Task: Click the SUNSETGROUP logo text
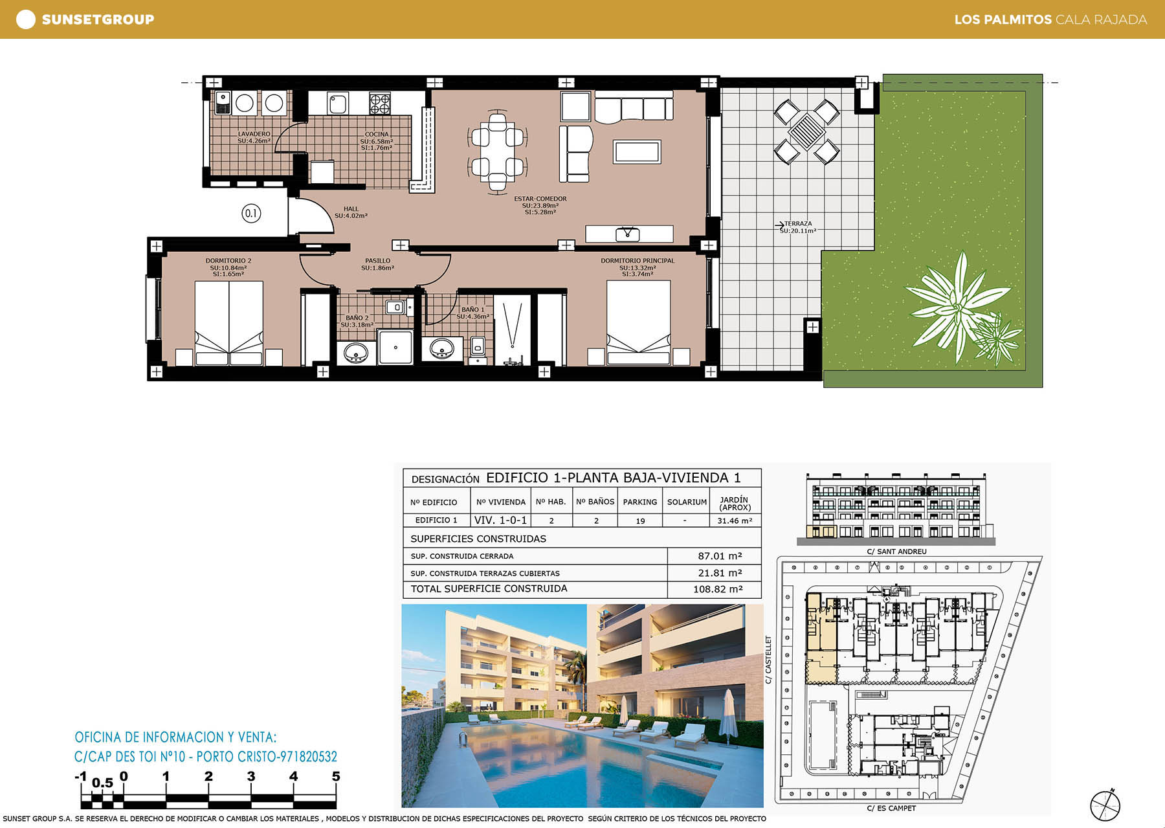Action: [98, 19]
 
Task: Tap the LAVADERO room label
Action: [254, 134]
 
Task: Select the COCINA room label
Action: [377, 134]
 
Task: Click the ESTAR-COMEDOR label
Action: [540, 199]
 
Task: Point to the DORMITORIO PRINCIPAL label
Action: [638, 261]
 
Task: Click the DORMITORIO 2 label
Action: [228, 261]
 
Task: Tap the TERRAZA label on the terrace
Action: [798, 223]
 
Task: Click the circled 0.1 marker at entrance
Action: [251, 213]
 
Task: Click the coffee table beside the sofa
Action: [638, 151]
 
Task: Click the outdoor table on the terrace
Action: [807, 131]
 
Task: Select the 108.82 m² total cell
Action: [718, 589]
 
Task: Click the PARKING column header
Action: [640, 502]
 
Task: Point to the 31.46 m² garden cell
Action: [735, 520]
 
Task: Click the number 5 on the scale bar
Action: [336, 776]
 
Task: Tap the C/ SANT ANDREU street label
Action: [896, 552]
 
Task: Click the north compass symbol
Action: [1105, 805]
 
